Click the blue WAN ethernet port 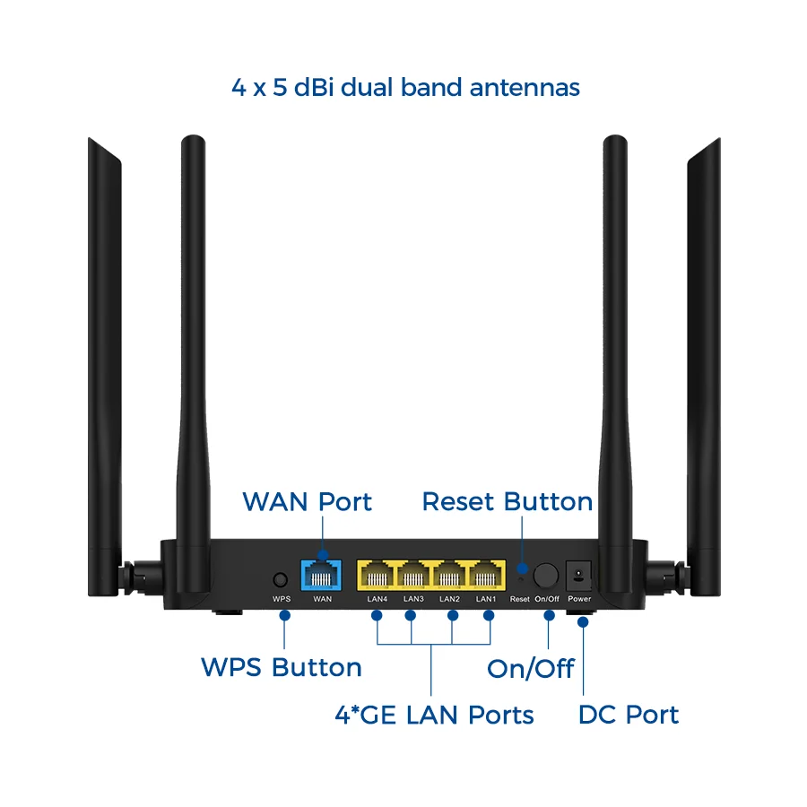(x=322, y=575)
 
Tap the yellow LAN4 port (x=377, y=575)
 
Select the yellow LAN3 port (x=413, y=575)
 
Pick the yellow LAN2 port (x=449, y=575)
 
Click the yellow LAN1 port (x=485, y=575)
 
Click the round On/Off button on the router (x=546, y=575)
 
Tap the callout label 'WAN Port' (x=307, y=502)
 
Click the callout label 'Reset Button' (x=507, y=502)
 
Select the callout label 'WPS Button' (x=282, y=668)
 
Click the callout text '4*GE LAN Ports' (x=434, y=715)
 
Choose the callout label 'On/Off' (x=530, y=669)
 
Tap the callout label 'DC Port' (x=628, y=715)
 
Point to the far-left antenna (x=105, y=359)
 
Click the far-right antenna (x=703, y=359)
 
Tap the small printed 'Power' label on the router (x=579, y=598)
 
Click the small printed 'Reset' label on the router (x=520, y=598)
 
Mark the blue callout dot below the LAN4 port (x=377, y=615)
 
